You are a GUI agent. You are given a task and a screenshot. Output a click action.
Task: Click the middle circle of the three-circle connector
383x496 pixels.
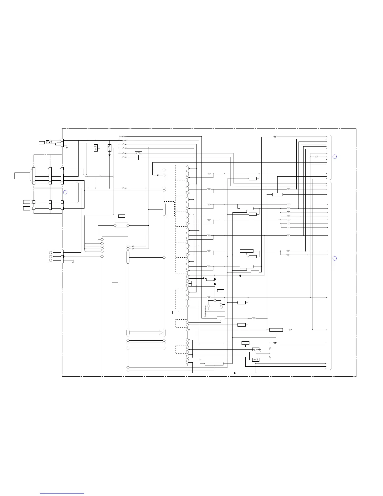[x=50, y=256]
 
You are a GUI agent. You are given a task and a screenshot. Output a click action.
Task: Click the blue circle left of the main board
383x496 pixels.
[x=65, y=192]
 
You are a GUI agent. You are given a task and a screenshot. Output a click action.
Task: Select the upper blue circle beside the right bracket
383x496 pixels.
[x=334, y=157]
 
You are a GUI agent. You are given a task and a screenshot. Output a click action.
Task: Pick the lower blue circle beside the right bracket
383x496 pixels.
[x=334, y=258]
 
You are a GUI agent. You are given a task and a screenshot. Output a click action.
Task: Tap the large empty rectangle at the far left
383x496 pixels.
[x=22, y=175]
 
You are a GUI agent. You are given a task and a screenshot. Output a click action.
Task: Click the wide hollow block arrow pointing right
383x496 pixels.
[x=146, y=332]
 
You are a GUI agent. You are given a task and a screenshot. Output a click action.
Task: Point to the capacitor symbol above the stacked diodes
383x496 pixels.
[x=204, y=278]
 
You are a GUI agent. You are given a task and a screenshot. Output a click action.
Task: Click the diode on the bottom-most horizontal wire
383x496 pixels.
[x=235, y=373]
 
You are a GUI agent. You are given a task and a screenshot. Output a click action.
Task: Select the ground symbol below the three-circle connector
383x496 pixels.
[x=73, y=261]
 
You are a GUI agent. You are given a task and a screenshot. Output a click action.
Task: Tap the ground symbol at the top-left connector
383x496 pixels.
[x=67, y=147]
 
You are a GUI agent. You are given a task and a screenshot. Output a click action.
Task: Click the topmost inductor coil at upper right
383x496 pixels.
[x=275, y=137]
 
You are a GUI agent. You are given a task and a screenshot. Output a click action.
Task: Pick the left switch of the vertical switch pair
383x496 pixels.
[x=96, y=148]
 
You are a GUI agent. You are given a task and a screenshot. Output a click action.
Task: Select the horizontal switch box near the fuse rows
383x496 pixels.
[x=138, y=153]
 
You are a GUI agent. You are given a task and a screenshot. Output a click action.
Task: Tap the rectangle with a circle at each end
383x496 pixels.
[x=121, y=225]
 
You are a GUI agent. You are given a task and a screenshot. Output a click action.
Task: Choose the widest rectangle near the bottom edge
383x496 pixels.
[x=214, y=364]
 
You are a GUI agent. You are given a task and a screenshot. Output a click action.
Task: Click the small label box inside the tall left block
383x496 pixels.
[x=115, y=284]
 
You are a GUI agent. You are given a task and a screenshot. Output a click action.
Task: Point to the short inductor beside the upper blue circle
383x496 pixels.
[x=315, y=157]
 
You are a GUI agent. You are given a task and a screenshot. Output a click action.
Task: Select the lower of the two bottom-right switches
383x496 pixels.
[x=256, y=360]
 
